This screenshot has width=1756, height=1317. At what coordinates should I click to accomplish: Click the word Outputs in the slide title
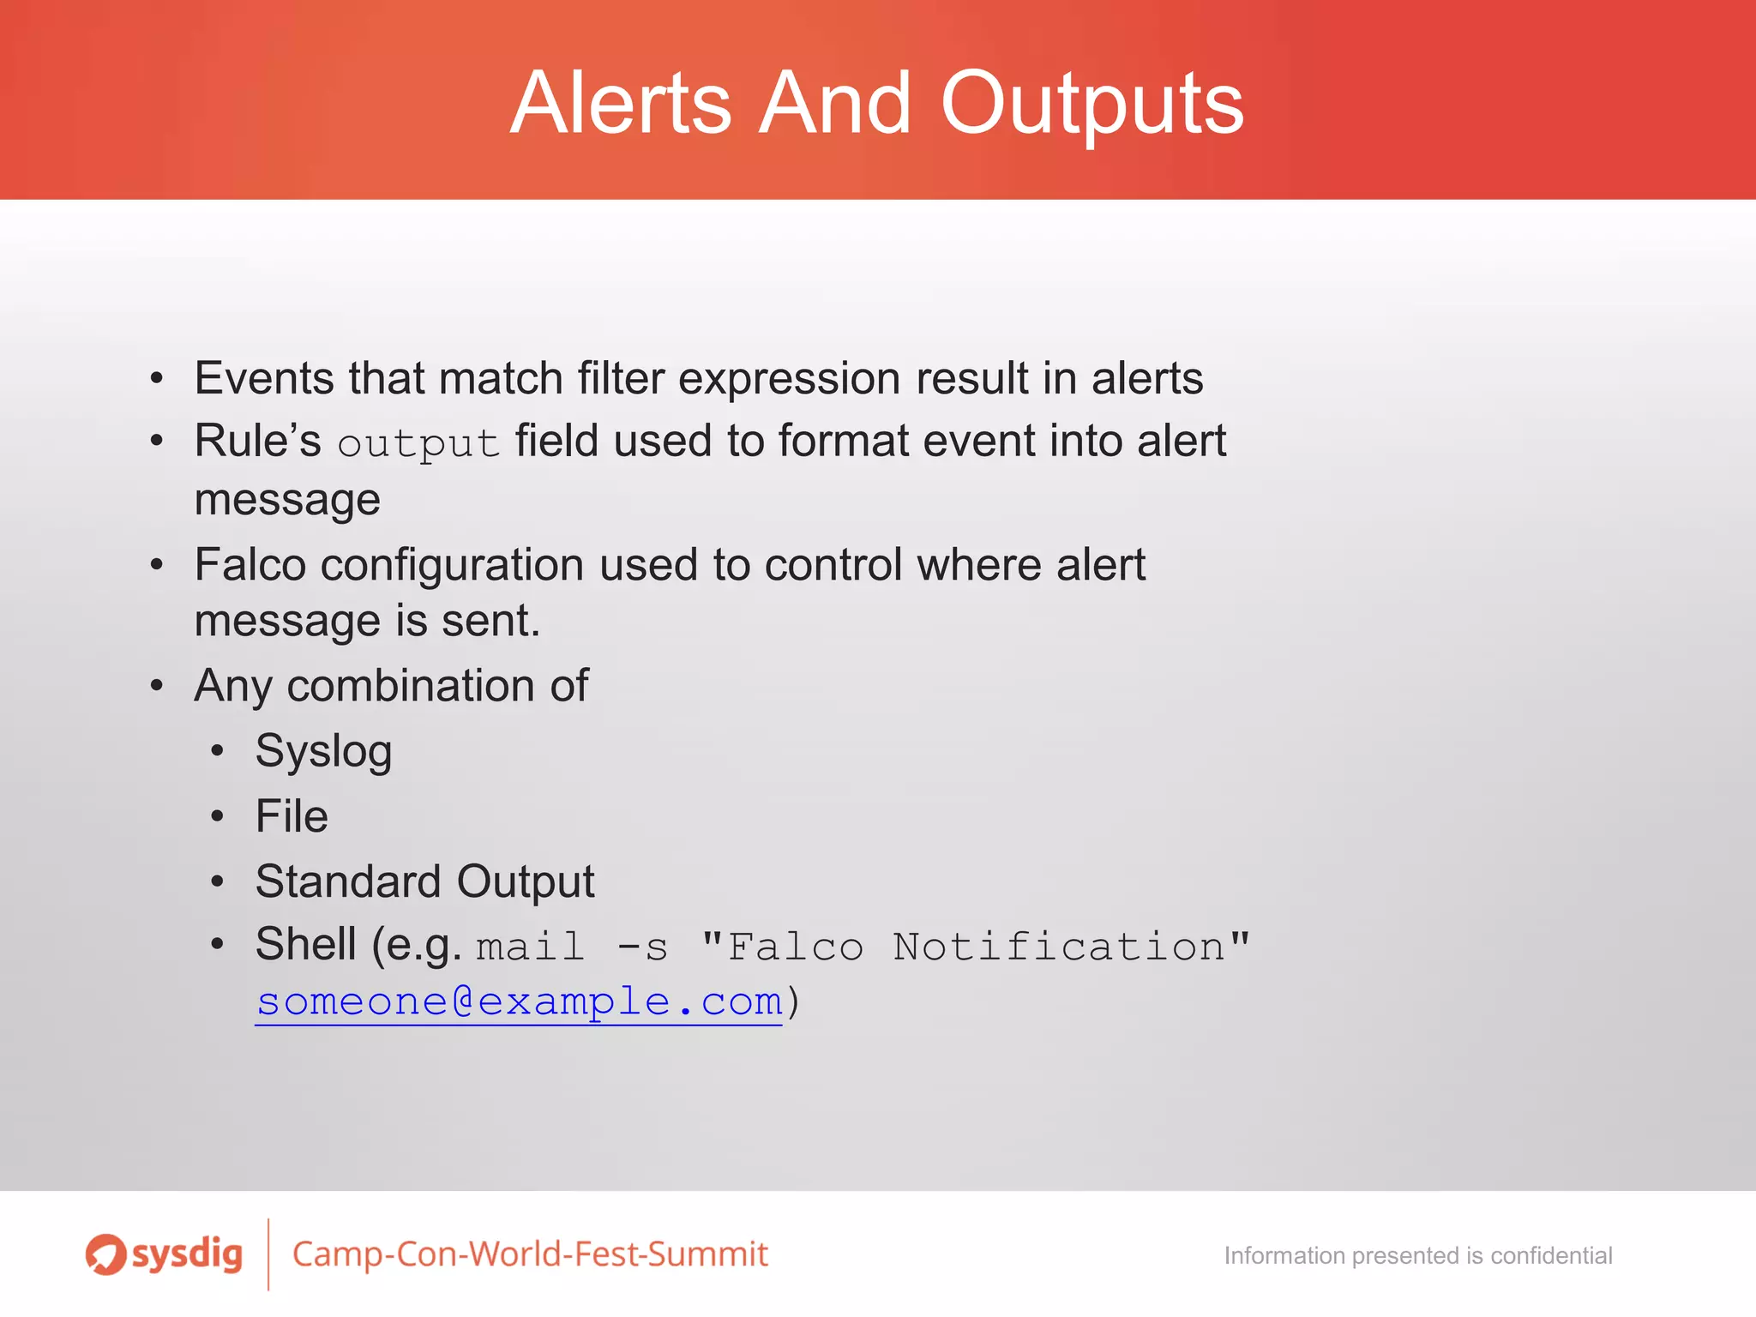1091,105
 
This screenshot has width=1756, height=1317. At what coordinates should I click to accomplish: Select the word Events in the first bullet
264,378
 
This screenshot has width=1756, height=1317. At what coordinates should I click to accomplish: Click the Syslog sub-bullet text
323,752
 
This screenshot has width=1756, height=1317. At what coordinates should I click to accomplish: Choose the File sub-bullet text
292,816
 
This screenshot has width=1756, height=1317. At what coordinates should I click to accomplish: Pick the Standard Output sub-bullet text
424,881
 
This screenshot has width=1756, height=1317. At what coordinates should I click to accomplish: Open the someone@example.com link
519,1001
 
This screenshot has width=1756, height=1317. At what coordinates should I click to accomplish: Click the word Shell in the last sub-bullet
305,944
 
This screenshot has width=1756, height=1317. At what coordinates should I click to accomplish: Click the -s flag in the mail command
642,947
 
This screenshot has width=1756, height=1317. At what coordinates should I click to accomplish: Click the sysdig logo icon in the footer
105,1254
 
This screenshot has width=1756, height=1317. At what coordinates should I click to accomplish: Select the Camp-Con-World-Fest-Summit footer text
530,1254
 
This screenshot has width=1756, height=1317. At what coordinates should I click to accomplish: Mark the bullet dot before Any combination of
156,686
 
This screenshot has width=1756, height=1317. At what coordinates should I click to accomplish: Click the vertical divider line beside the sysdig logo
268,1254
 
